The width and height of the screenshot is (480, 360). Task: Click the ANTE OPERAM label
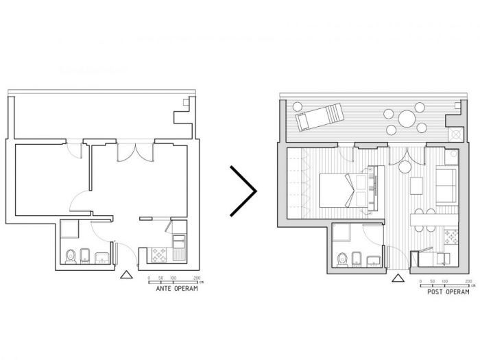tap(177, 289)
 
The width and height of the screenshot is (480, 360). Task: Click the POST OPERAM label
tap(448, 292)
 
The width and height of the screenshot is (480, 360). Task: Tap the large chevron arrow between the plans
tap(244, 190)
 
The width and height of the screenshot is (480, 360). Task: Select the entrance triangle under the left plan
tap(125, 275)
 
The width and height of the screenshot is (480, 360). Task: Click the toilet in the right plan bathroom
tap(342, 259)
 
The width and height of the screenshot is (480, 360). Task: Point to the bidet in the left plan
tap(86, 255)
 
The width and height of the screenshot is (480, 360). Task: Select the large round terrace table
tap(407, 119)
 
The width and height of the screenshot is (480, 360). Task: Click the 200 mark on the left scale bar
tap(197, 278)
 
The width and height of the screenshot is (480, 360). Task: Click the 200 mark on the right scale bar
tap(468, 281)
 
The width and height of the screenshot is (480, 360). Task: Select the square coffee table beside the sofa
tap(416, 185)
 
